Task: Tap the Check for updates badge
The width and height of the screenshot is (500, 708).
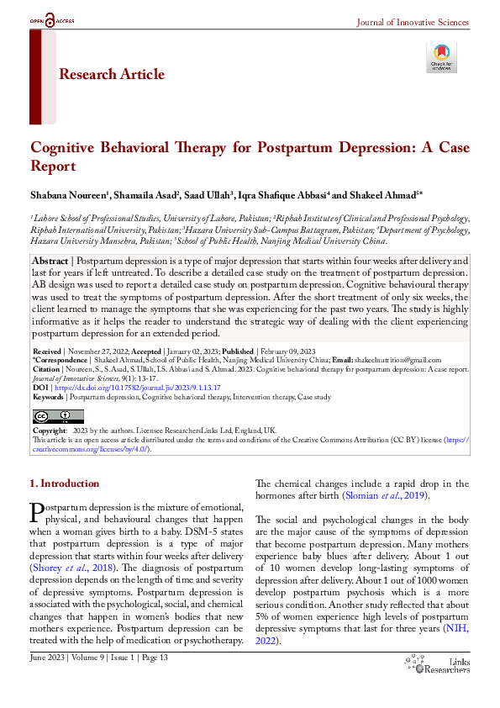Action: (x=441, y=57)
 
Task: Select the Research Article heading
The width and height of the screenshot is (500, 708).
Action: (x=112, y=75)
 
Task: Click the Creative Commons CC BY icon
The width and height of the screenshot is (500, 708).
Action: (x=57, y=416)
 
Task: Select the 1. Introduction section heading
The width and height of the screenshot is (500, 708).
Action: (x=64, y=484)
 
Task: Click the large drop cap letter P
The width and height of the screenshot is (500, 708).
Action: (x=36, y=512)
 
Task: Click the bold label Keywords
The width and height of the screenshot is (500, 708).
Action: (x=48, y=396)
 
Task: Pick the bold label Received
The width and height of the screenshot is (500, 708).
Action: (x=47, y=350)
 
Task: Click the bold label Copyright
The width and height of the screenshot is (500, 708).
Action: (x=49, y=431)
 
